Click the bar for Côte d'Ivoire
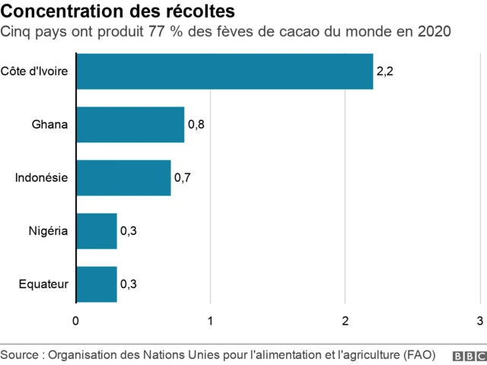[x=224, y=71]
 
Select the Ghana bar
[x=130, y=125]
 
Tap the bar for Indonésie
[x=123, y=178]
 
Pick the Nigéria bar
[x=97, y=231]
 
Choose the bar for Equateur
[x=97, y=284]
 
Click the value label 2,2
[x=384, y=71]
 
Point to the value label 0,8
[x=196, y=125]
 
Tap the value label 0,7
[x=182, y=178]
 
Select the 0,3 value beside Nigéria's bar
[x=128, y=231]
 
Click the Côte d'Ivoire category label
[x=35, y=71]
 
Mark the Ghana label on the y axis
[x=50, y=125]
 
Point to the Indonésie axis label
[x=42, y=178]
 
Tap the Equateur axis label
[x=44, y=284]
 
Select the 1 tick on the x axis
[x=211, y=319]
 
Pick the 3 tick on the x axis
[x=479, y=319]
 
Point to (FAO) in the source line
[x=420, y=355]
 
